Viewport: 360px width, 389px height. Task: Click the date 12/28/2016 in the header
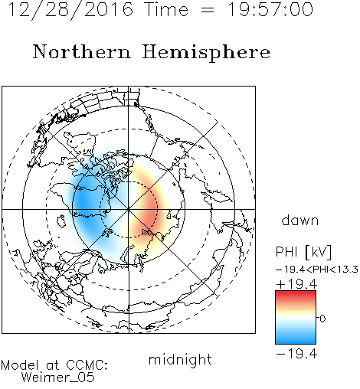pos(70,10)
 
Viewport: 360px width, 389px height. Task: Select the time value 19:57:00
pos(270,9)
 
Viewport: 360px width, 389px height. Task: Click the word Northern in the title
pos(82,51)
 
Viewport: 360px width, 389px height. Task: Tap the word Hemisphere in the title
pos(206,53)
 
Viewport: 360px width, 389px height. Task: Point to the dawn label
pos(300,221)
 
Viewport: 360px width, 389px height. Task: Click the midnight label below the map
pos(180,359)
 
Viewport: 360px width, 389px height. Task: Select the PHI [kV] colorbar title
pos(303,252)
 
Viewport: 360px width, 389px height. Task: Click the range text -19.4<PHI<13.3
pos(317,270)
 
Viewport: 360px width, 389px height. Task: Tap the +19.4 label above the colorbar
pos(296,284)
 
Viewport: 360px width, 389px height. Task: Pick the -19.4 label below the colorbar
pos(296,354)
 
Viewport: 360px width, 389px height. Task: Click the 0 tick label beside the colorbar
pos(322,319)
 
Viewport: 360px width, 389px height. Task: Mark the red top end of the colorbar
pos(296,293)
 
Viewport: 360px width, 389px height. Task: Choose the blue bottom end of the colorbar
pos(296,342)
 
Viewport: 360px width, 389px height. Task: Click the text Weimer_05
pos(58,378)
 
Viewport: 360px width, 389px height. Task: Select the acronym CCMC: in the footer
pos(87,365)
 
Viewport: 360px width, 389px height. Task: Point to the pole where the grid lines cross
pos(129,209)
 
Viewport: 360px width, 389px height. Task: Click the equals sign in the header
pos(208,10)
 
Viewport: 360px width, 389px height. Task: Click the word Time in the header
pos(166,9)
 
